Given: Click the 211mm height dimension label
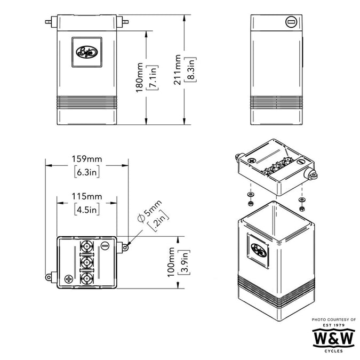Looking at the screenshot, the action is pos(177,70).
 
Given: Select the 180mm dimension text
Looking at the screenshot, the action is pos(139,77).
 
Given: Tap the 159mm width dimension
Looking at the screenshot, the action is pos(87,159).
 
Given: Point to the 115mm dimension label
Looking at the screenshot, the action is pos(87,196).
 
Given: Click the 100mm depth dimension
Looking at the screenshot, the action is pos(171,262).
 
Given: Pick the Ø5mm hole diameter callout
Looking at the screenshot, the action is pos(150,211).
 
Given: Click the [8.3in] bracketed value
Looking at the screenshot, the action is pos(190,69).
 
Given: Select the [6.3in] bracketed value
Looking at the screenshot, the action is pos(87,172).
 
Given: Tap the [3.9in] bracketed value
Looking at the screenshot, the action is pos(184,262).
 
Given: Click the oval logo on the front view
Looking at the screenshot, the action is pos(87,52).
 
